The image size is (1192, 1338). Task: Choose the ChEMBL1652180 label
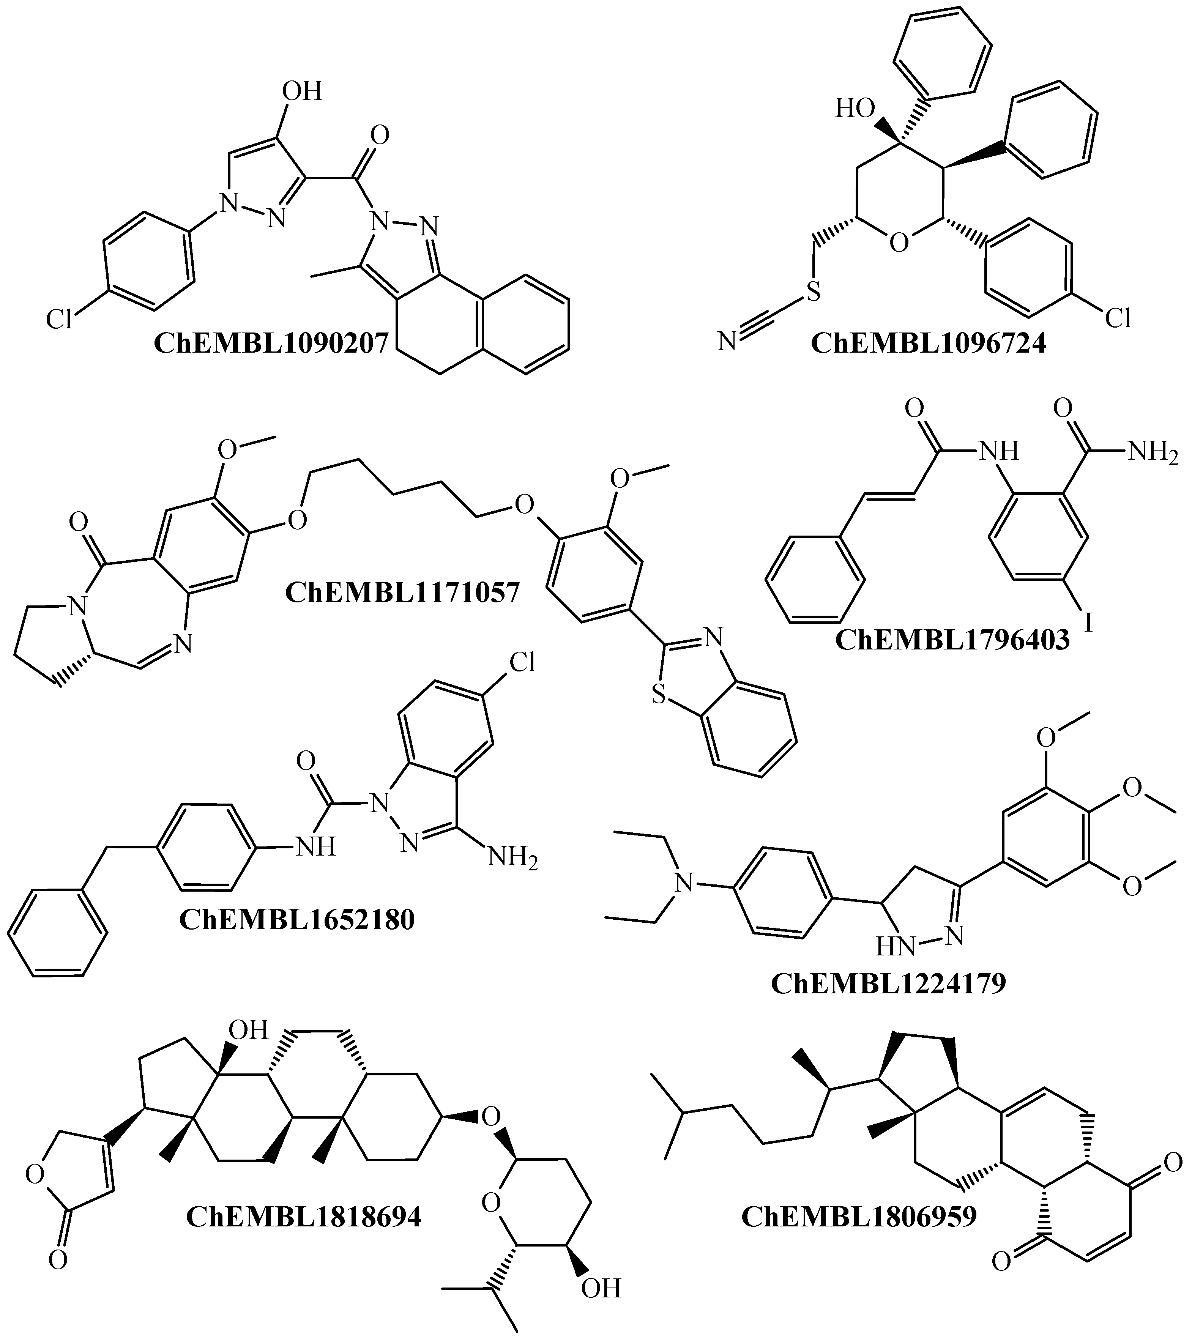[297, 919]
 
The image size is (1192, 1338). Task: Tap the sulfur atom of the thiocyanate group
[813, 292]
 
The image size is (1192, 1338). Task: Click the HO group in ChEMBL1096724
[855, 109]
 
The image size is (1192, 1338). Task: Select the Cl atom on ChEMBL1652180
[522, 663]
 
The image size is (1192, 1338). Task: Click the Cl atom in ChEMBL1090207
[59, 320]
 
